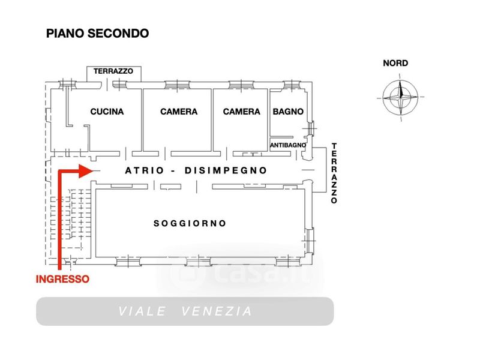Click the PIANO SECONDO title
(97, 33)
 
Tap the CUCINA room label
(107, 112)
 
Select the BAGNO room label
(288, 112)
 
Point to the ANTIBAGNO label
(288, 145)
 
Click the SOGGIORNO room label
(190, 223)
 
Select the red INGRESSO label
(62, 279)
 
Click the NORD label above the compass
(395, 63)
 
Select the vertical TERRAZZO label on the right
(334, 174)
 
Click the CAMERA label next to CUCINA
(179, 112)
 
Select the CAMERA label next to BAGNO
(241, 112)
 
